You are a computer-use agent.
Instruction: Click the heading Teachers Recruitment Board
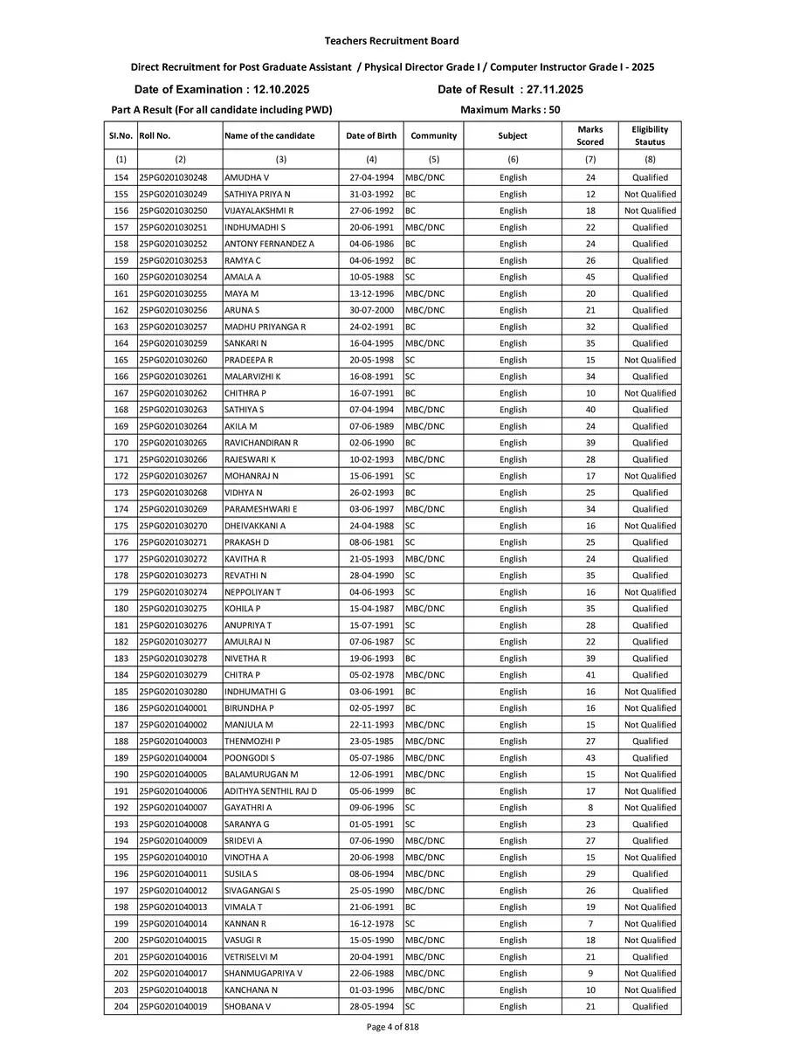click(391, 41)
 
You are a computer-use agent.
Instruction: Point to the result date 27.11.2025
click(551, 89)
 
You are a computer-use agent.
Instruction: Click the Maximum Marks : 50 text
click(510, 110)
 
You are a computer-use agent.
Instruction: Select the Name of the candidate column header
click(269, 135)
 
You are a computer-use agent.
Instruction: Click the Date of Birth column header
click(371, 135)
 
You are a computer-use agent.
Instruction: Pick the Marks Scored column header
click(590, 135)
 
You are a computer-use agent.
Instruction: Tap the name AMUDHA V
click(247, 177)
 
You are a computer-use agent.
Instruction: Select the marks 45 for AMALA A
click(590, 277)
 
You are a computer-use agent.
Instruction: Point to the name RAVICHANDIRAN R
click(261, 443)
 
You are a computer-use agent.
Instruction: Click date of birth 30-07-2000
click(371, 310)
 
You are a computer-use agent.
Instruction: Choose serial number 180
click(121, 609)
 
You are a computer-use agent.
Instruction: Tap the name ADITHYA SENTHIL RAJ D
click(271, 791)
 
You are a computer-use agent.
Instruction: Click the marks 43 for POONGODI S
click(590, 758)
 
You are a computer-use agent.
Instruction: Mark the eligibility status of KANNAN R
click(650, 924)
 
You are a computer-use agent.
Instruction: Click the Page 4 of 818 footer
click(392, 1027)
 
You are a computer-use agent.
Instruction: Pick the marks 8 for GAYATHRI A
click(590, 808)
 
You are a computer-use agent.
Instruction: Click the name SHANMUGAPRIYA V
click(264, 974)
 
